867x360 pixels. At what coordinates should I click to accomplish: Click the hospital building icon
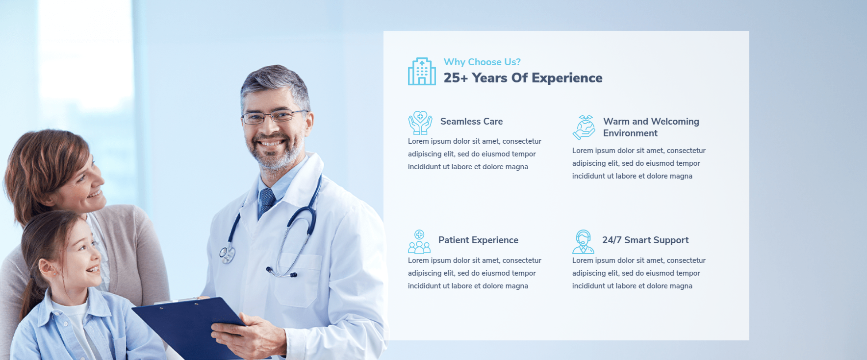pyautogui.click(x=422, y=71)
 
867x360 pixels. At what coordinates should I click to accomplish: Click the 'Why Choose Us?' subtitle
pyautogui.click(x=482, y=62)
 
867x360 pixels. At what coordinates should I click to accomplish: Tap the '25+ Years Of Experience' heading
pyautogui.click(x=523, y=78)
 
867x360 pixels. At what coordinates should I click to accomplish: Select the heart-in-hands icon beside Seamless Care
pyautogui.click(x=420, y=123)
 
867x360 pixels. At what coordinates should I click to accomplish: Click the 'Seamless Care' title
pyautogui.click(x=471, y=122)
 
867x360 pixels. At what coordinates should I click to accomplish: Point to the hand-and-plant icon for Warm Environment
pyautogui.click(x=584, y=128)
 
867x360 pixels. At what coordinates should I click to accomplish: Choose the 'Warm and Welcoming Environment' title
pyautogui.click(x=651, y=127)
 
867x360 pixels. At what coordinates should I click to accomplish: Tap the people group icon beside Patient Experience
pyautogui.click(x=419, y=241)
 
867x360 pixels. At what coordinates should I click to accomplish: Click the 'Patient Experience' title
pyautogui.click(x=478, y=240)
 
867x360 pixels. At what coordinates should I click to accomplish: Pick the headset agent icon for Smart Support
pyautogui.click(x=583, y=241)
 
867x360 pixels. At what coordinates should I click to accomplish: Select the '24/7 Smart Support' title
pyautogui.click(x=645, y=240)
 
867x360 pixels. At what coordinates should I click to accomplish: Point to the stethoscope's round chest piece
pyautogui.click(x=227, y=254)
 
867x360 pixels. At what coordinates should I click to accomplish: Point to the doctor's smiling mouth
pyautogui.click(x=271, y=144)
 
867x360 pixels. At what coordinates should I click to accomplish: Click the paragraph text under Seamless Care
pyautogui.click(x=475, y=154)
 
